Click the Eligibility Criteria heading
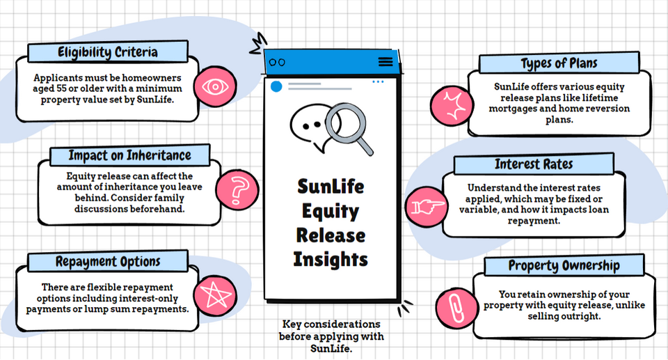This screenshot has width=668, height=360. (107, 52)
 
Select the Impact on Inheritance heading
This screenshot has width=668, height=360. (129, 155)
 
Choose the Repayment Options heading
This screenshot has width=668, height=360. (108, 262)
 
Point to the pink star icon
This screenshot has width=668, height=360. (212, 295)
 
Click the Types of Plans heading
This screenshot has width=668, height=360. (559, 63)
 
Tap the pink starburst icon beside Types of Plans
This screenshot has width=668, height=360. (452, 104)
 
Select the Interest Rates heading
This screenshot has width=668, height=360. (534, 165)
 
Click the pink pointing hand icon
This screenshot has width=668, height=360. (426, 206)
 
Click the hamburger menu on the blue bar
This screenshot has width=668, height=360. (385, 62)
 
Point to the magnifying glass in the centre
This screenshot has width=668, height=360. (344, 125)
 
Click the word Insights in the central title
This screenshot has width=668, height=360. (331, 259)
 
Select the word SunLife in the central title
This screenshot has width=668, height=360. (331, 187)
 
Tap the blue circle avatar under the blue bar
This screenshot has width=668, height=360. (276, 86)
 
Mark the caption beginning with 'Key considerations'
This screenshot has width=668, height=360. (331, 336)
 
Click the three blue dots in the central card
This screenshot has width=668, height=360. (378, 82)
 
